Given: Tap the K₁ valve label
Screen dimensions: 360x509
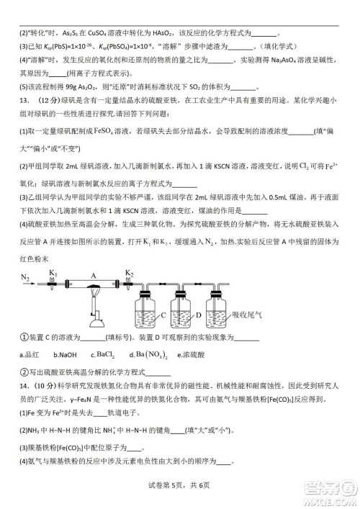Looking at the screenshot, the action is pos(53,271).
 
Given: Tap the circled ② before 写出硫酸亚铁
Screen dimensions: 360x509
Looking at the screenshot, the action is pos(23,372).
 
